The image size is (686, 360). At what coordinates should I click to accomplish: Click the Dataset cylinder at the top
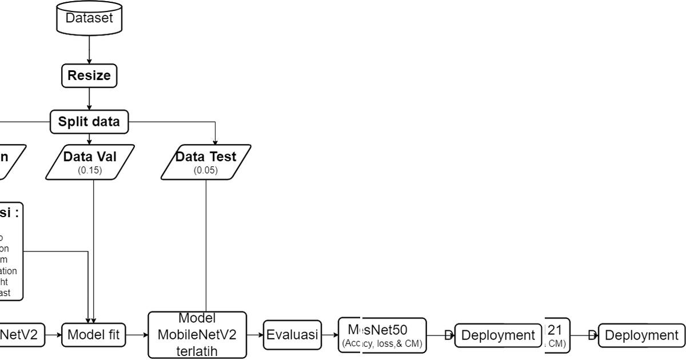tap(89, 18)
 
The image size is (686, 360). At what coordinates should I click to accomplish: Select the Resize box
tap(89, 75)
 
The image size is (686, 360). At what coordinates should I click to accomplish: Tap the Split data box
tap(89, 121)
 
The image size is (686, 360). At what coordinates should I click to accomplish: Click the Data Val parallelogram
tap(91, 162)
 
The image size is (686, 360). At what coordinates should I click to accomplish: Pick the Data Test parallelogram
tap(206, 162)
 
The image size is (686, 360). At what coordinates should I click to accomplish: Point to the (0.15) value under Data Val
tap(90, 170)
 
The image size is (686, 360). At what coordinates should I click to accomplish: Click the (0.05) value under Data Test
tap(205, 170)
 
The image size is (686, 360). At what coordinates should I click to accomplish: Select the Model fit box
tap(94, 335)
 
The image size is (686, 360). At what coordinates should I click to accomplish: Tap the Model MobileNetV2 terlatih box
tap(197, 335)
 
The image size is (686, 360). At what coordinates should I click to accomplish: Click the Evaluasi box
tap(292, 335)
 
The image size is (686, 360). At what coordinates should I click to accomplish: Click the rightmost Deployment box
tap(641, 335)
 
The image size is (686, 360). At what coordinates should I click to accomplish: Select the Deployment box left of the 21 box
tap(497, 335)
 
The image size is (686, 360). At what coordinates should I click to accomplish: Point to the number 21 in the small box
tap(555, 330)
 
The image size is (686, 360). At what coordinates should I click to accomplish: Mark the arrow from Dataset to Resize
tap(89, 48)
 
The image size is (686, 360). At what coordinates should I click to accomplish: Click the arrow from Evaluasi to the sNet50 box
tap(330, 335)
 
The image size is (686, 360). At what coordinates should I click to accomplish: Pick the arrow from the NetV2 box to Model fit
tap(53, 335)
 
